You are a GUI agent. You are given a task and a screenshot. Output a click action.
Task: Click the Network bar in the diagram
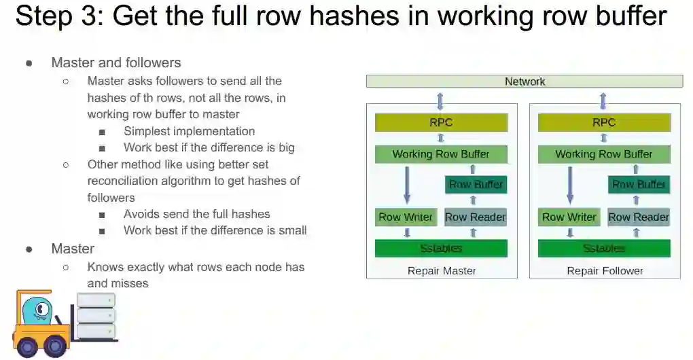click(x=524, y=82)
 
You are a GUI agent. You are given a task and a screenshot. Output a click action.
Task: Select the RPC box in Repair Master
click(x=441, y=122)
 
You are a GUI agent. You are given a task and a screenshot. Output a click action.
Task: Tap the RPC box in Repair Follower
click(x=603, y=122)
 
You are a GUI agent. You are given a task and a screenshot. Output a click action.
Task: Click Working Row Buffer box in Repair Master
click(x=441, y=154)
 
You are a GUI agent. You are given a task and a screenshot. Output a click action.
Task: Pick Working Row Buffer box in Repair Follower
click(x=603, y=154)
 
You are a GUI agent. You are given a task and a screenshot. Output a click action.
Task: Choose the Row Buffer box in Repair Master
click(x=476, y=184)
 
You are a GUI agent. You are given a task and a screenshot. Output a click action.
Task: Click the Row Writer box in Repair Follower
click(x=569, y=217)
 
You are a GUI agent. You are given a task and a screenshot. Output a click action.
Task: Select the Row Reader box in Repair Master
click(x=476, y=217)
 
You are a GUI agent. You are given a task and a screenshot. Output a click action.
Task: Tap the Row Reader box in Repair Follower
click(x=639, y=217)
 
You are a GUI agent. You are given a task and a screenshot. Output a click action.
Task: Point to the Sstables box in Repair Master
click(x=441, y=249)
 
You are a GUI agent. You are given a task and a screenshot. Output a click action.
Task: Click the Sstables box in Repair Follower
click(x=603, y=249)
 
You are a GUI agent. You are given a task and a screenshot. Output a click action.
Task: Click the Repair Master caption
click(x=441, y=271)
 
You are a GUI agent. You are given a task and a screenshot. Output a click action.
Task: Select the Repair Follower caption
click(x=605, y=271)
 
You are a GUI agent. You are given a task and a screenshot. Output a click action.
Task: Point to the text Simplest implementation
click(x=189, y=131)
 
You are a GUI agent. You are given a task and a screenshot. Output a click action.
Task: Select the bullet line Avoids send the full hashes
click(x=196, y=214)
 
